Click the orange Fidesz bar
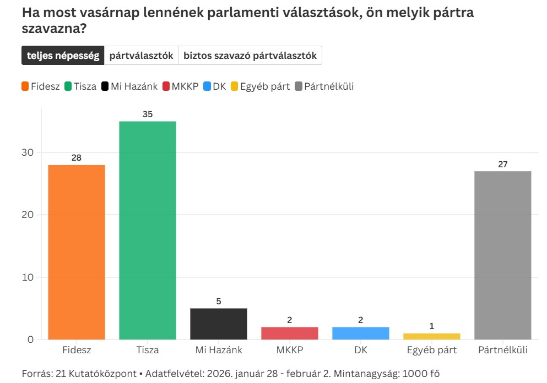click(77, 252)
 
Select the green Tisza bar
click(147, 230)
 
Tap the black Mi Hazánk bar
click(219, 324)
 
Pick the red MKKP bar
click(290, 333)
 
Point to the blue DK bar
click(361, 333)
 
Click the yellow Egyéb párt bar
click(432, 336)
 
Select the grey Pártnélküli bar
click(503, 255)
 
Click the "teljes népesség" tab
click(63, 56)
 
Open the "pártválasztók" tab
click(141, 56)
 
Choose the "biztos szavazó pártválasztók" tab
click(250, 56)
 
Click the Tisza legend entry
click(80, 86)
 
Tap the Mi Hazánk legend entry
click(129, 86)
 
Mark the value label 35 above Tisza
click(147, 114)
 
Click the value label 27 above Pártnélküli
click(503, 164)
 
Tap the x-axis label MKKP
click(290, 350)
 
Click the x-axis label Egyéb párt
click(432, 350)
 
